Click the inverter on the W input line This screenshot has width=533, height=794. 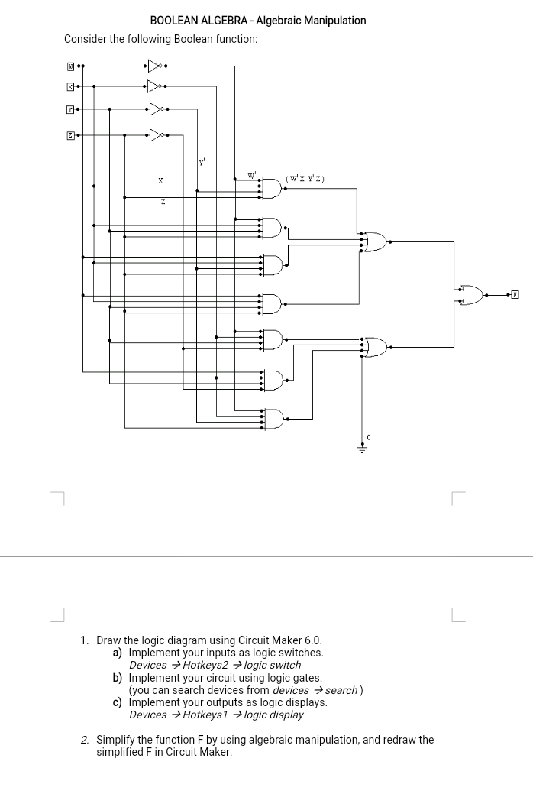(x=156, y=66)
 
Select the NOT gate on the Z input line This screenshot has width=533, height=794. (x=156, y=135)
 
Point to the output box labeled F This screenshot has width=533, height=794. (x=515, y=294)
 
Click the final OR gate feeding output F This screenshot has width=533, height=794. (x=471, y=294)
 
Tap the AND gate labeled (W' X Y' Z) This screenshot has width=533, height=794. (x=272, y=188)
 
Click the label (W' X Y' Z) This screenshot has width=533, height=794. (x=305, y=179)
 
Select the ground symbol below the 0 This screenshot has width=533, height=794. (x=362, y=448)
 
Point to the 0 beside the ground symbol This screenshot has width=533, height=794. (x=369, y=436)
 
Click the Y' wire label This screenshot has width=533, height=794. (x=202, y=162)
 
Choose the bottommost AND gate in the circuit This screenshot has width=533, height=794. (x=272, y=418)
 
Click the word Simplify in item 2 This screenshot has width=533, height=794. (x=118, y=740)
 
